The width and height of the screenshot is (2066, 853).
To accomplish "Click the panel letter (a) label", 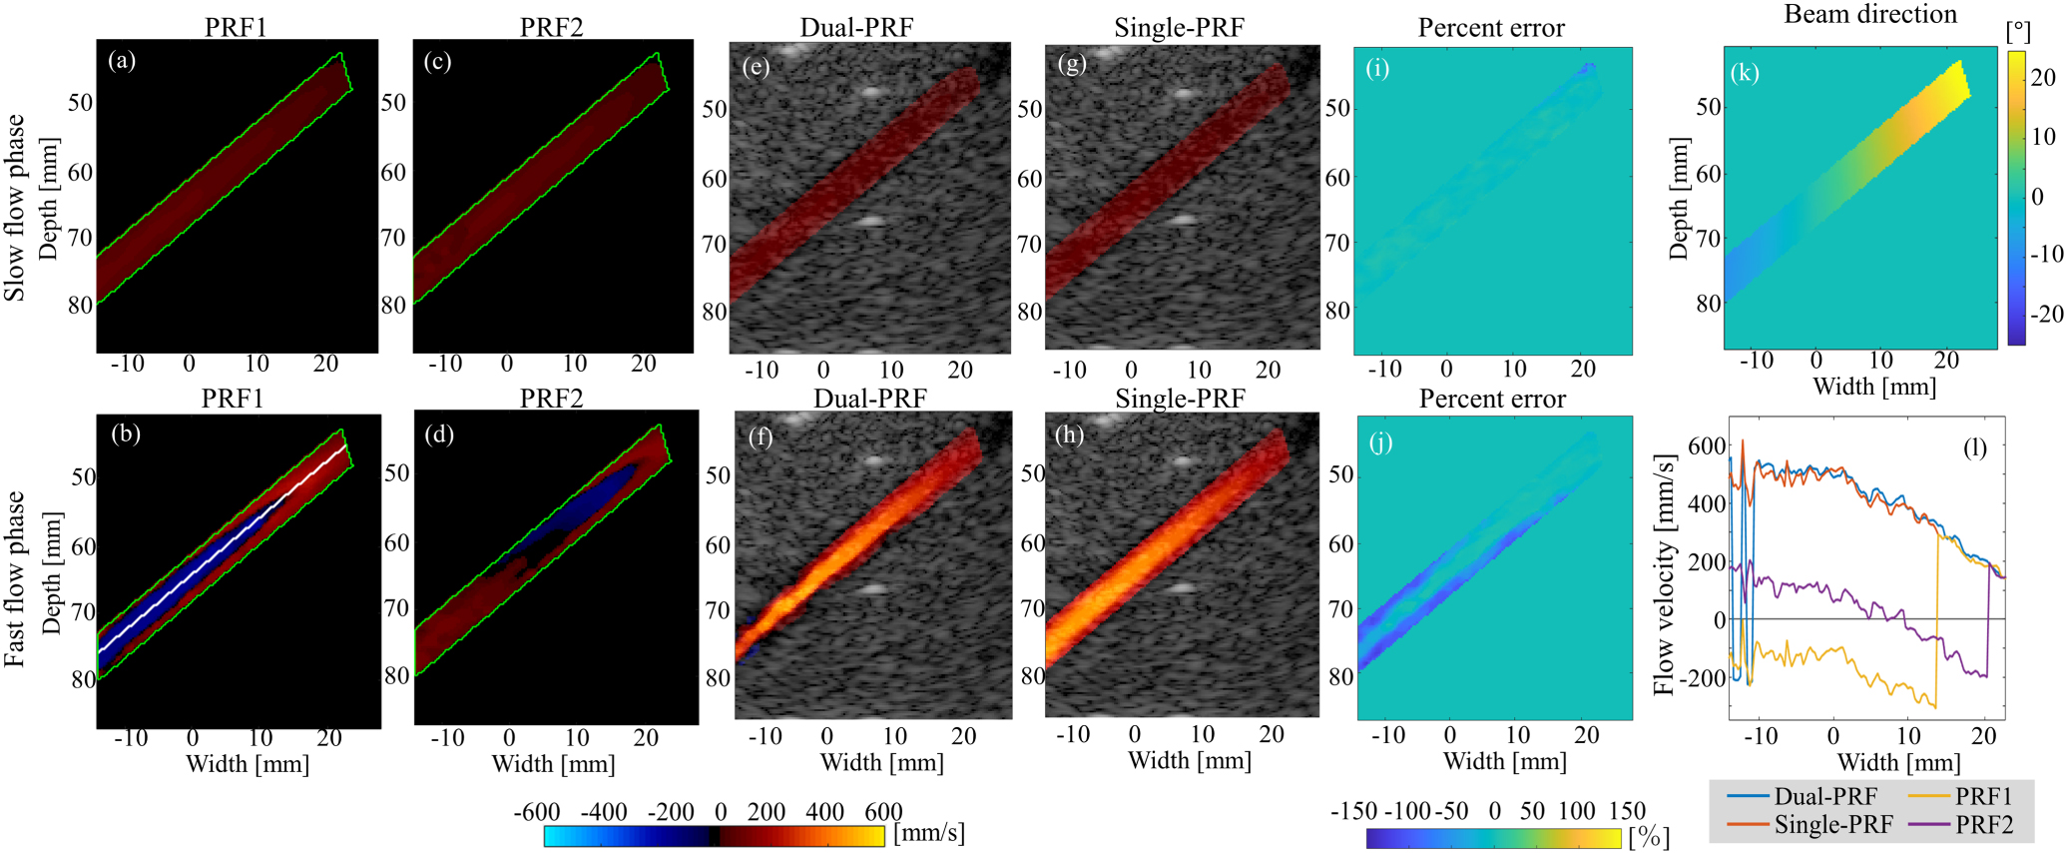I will (x=122, y=61).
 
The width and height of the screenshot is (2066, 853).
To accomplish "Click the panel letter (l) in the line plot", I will (x=1974, y=447).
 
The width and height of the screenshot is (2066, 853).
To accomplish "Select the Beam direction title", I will (x=1869, y=14).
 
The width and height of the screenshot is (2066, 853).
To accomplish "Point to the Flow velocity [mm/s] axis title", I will (x=1663, y=575).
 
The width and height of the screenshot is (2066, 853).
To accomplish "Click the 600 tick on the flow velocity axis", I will (x=1707, y=445).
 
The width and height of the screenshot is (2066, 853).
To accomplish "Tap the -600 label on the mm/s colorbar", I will (x=537, y=811).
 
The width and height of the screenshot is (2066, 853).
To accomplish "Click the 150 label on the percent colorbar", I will (x=1627, y=810).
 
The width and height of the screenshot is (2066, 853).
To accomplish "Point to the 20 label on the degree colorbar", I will (x=2043, y=77).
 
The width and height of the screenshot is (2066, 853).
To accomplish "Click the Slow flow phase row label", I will (x=14, y=208).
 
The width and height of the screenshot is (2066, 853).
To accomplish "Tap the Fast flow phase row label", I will (x=14, y=578).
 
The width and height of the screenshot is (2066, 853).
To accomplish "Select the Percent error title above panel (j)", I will (x=1491, y=399).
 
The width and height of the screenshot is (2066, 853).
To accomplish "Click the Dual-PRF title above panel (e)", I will (x=856, y=28).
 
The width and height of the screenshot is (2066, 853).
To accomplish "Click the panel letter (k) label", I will (x=1745, y=73).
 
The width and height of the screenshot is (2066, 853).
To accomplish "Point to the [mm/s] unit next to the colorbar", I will (x=928, y=832).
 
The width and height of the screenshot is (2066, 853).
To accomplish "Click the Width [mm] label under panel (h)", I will (x=1189, y=760).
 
